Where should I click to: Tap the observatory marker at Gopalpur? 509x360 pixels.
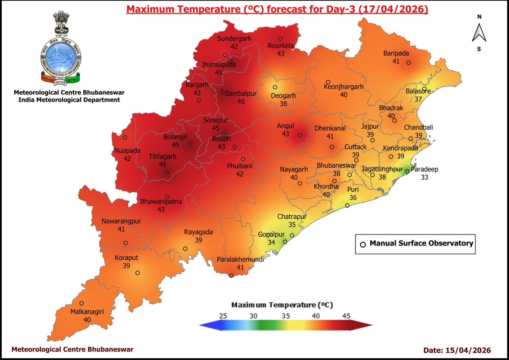(x=285, y=242)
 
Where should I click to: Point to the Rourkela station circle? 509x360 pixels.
(x=280, y=39)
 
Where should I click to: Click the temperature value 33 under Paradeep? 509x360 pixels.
(x=425, y=177)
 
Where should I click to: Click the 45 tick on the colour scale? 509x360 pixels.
(x=346, y=316)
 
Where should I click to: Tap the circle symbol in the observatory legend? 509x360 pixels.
(x=363, y=244)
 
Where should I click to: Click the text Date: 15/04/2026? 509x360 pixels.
(x=457, y=350)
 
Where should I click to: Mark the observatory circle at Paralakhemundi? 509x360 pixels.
(x=231, y=276)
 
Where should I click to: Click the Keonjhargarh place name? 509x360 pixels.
(x=344, y=87)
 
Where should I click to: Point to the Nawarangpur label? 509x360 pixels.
(x=121, y=221)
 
